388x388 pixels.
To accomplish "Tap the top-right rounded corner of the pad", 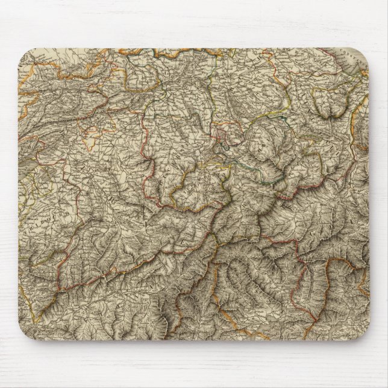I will click(x=362, y=49).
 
